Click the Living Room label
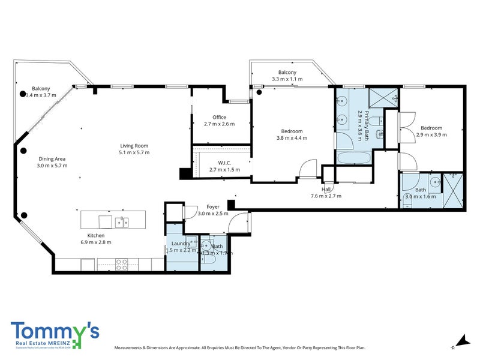pyautogui.click(x=134, y=146)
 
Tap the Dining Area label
pyautogui.click(x=51, y=158)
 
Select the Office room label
pyautogui.click(x=218, y=117)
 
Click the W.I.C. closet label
pyautogui.click(x=224, y=163)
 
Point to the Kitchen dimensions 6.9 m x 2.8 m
pyautogui.click(x=96, y=242)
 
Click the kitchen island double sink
pyautogui.click(x=122, y=222)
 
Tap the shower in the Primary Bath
pyautogui.click(x=382, y=97)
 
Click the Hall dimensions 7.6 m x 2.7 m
pyautogui.click(x=326, y=196)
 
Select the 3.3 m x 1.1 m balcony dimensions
pyautogui.click(x=287, y=79)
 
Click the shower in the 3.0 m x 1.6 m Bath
pyautogui.click(x=452, y=190)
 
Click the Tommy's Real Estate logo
pyautogui.click(x=54, y=335)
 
